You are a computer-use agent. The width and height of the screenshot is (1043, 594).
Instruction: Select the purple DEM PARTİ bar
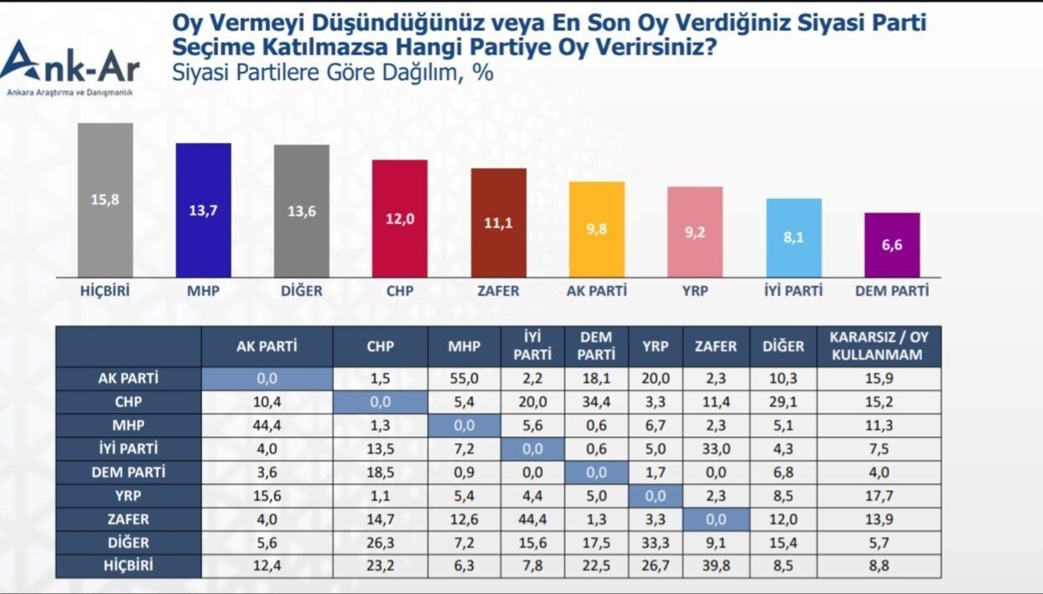click(x=892, y=244)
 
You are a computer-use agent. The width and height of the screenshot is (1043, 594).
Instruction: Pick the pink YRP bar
click(x=694, y=232)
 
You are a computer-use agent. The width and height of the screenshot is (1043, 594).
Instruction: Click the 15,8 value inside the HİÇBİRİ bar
click(x=106, y=200)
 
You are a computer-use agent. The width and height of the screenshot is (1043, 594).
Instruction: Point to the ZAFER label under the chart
click(x=498, y=291)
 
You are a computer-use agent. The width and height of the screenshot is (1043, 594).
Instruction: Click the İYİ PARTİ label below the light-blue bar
click(x=793, y=290)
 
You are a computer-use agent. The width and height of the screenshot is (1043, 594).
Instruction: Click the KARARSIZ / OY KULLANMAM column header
click(x=879, y=346)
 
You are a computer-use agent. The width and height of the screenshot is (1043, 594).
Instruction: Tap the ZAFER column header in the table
click(x=715, y=346)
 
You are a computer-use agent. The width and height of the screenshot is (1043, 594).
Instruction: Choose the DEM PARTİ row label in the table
click(x=128, y=472)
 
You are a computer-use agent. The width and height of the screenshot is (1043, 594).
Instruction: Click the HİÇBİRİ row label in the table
click(x=128, y=565)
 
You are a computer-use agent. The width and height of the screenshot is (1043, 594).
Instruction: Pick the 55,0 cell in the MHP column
click(x=464, y=378)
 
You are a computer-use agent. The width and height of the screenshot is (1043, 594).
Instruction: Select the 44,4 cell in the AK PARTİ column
click(x=267, y=425)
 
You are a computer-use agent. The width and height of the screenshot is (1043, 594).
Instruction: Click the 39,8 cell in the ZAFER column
click(x=715, y=565)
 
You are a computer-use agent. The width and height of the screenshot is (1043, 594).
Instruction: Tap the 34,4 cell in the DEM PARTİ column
click(x=596, y=402)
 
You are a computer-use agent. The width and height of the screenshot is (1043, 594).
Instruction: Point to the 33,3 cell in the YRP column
click(x=656, y=542)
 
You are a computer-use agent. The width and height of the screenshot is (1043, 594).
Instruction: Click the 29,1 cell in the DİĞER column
click(x=783, y=402)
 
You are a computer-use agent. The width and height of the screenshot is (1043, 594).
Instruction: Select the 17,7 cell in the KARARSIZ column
click(x=879, y=495)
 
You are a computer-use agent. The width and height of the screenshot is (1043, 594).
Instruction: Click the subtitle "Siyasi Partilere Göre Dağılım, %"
click(x=332, y=72)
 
